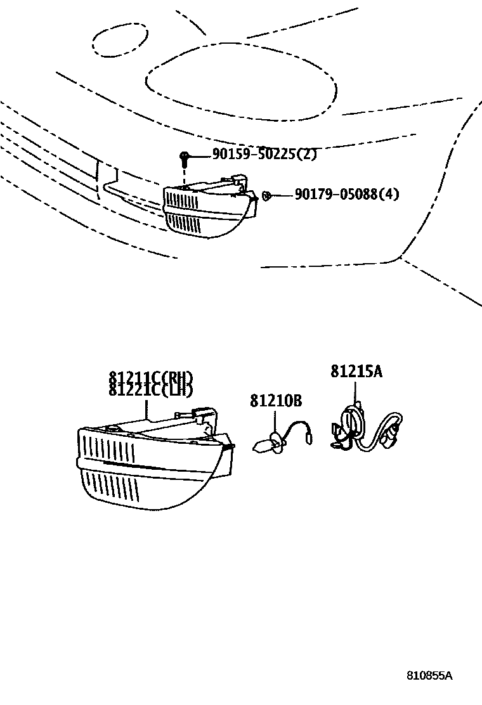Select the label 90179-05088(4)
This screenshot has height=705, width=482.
[x=346, y=194]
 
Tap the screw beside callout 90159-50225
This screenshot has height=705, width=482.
[x=183, y=158]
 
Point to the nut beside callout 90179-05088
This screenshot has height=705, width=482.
[x=267, y=195]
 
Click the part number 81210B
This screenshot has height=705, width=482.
[x=275, y=401]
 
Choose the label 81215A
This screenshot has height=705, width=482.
[x=356, y=372]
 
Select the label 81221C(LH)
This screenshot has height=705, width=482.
[x=150, y=390]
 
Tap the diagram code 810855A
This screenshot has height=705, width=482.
[x=429, y=675]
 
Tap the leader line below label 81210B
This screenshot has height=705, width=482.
[x=275, y=422]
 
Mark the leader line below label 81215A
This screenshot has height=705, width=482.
[x=356, y=391]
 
